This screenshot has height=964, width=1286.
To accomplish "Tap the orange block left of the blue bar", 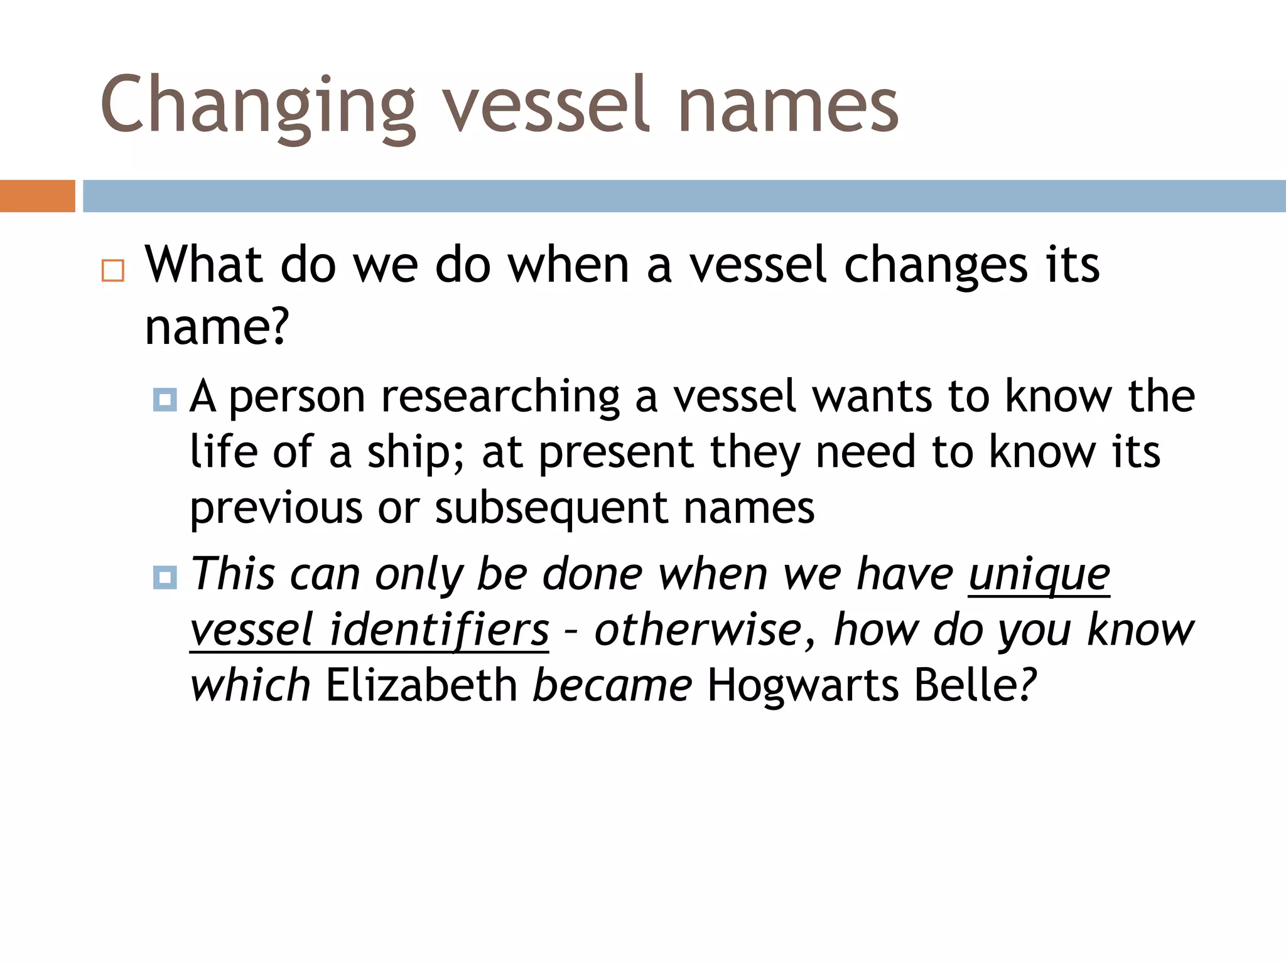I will coord(37,196).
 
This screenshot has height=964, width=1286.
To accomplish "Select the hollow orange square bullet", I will coord(113,270).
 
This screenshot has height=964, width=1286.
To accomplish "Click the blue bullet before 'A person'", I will coord(165,399).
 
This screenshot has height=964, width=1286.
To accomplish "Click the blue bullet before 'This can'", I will coord(165,577).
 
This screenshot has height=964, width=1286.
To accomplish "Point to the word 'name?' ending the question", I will coord(217,328).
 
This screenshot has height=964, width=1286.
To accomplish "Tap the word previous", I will coord(276,508).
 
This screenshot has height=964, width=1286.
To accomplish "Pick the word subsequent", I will coord(551,508).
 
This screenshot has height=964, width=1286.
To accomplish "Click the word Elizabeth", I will coord(421,685).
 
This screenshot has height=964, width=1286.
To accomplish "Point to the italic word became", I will coord(612,685).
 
